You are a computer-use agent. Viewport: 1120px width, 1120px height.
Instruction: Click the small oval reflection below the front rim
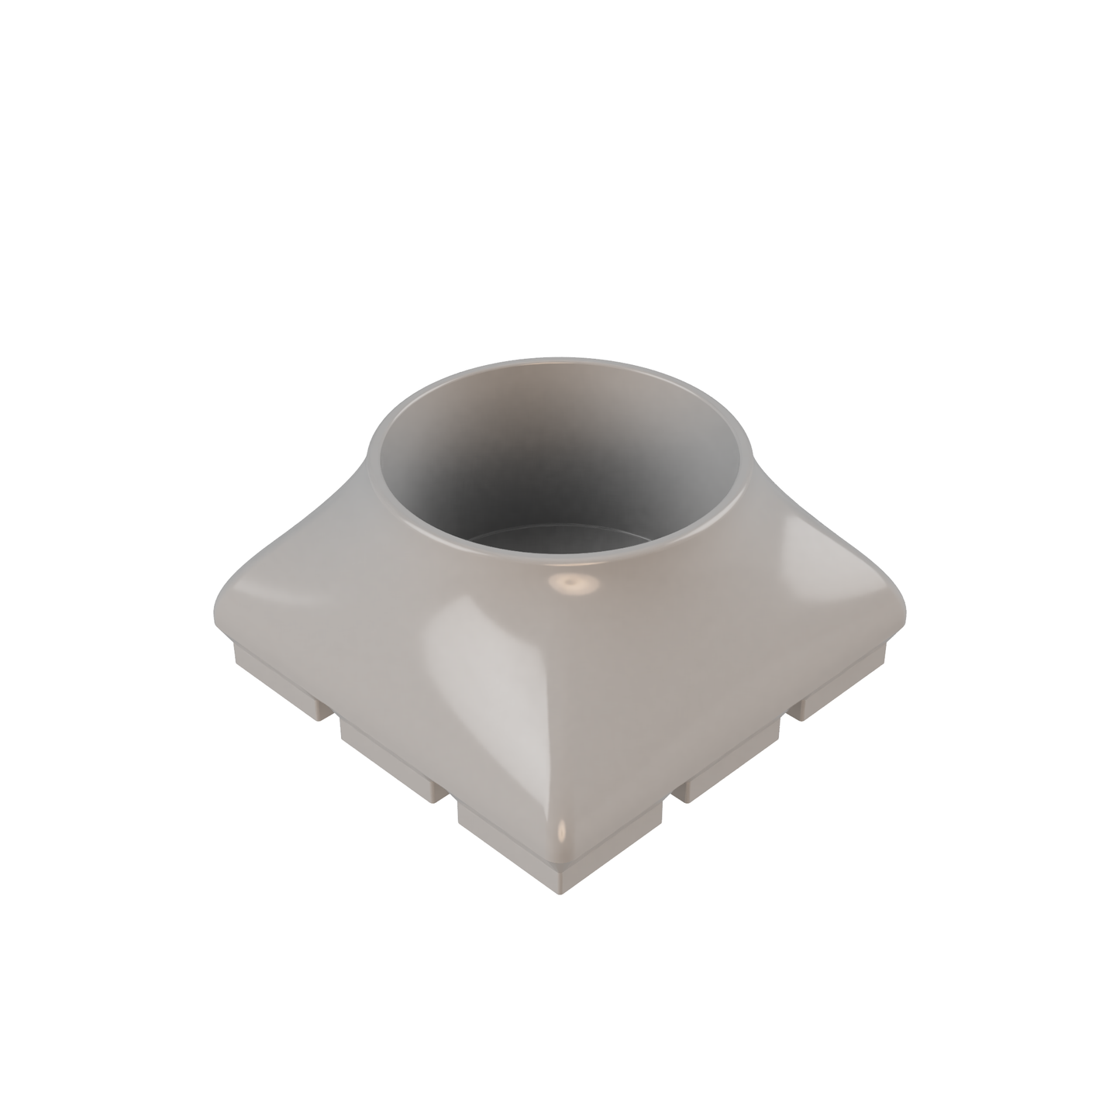(573, 583)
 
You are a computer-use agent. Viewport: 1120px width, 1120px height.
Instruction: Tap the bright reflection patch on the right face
(806, 543)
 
